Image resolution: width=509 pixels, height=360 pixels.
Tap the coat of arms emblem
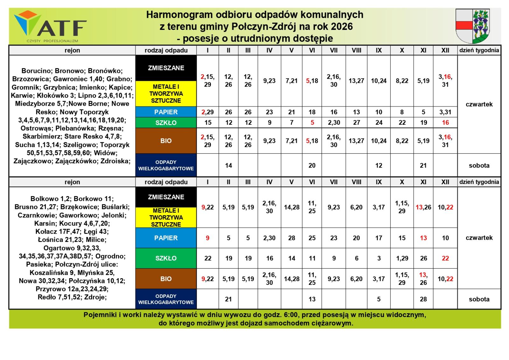[472, 26]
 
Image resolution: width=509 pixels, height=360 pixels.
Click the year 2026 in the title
[342, 26]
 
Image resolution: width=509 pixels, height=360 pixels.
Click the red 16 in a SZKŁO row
[445, 123]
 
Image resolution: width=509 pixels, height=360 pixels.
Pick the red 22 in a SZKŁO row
[445, 258]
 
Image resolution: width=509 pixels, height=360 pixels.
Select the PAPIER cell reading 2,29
[207, 112]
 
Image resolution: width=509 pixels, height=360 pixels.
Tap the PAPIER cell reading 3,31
[445, 112]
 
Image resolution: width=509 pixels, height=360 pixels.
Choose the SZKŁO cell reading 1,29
[402, 258]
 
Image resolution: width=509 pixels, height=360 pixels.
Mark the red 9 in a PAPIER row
[207, 238]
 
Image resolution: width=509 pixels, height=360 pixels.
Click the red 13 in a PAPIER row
[423, 238]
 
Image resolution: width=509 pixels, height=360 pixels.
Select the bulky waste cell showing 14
[228, 166]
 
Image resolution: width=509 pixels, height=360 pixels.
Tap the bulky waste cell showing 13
[312, 299]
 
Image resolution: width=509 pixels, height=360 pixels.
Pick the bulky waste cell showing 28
[423, 299]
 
